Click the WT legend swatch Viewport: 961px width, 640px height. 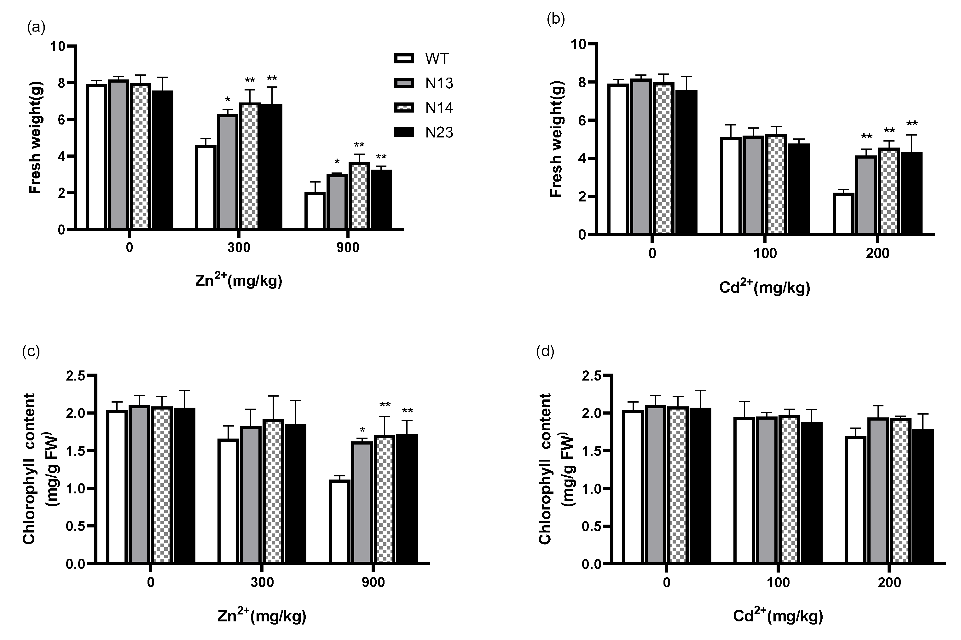tap(404, 58)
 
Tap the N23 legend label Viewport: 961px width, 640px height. tap(439, 132)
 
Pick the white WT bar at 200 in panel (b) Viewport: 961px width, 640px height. tap(843, 213)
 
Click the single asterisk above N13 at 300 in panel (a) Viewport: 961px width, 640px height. tap(228, 100)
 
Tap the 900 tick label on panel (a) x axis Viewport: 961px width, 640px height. tap(348, 248)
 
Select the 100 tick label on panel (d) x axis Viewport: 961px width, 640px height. tap(778, 582)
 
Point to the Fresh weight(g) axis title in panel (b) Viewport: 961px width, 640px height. tap(556, 139)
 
